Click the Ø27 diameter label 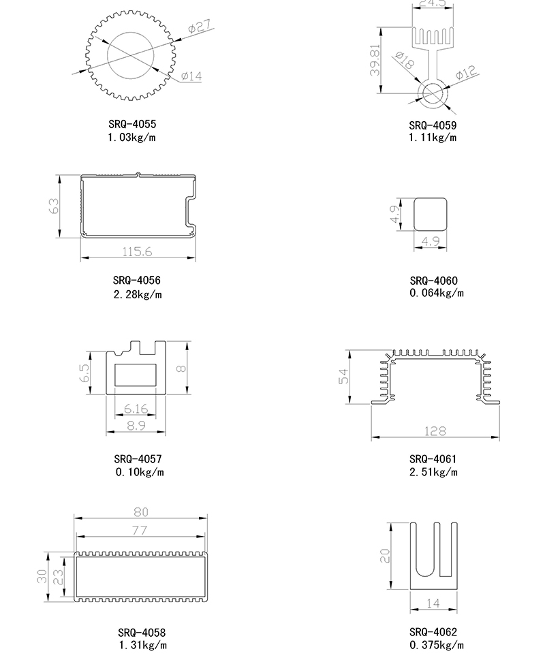tap(200, 26)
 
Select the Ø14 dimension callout tap(191, 76)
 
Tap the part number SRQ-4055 tap(132, 124)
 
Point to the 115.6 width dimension tap(137, 252)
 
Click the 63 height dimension tap(54, 206)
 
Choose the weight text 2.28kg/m tap(138, 294)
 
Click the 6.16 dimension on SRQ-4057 tap(136, 409)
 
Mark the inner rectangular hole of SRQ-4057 tap(136, 375)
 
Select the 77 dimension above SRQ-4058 tap(140, 531)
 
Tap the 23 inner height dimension tap(58, 577)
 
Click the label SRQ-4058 tap(142, 633)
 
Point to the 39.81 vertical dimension tap(375, 60)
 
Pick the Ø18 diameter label tap(405, 61)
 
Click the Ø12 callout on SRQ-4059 tap(466, 72)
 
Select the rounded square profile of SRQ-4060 tap(430, 215)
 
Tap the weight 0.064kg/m tap(437, 293)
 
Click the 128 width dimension tap(435, 431)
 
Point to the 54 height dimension tap(344, 376)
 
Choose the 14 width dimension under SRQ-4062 tap(433, 603)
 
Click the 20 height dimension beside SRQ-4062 tap(385, 556)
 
